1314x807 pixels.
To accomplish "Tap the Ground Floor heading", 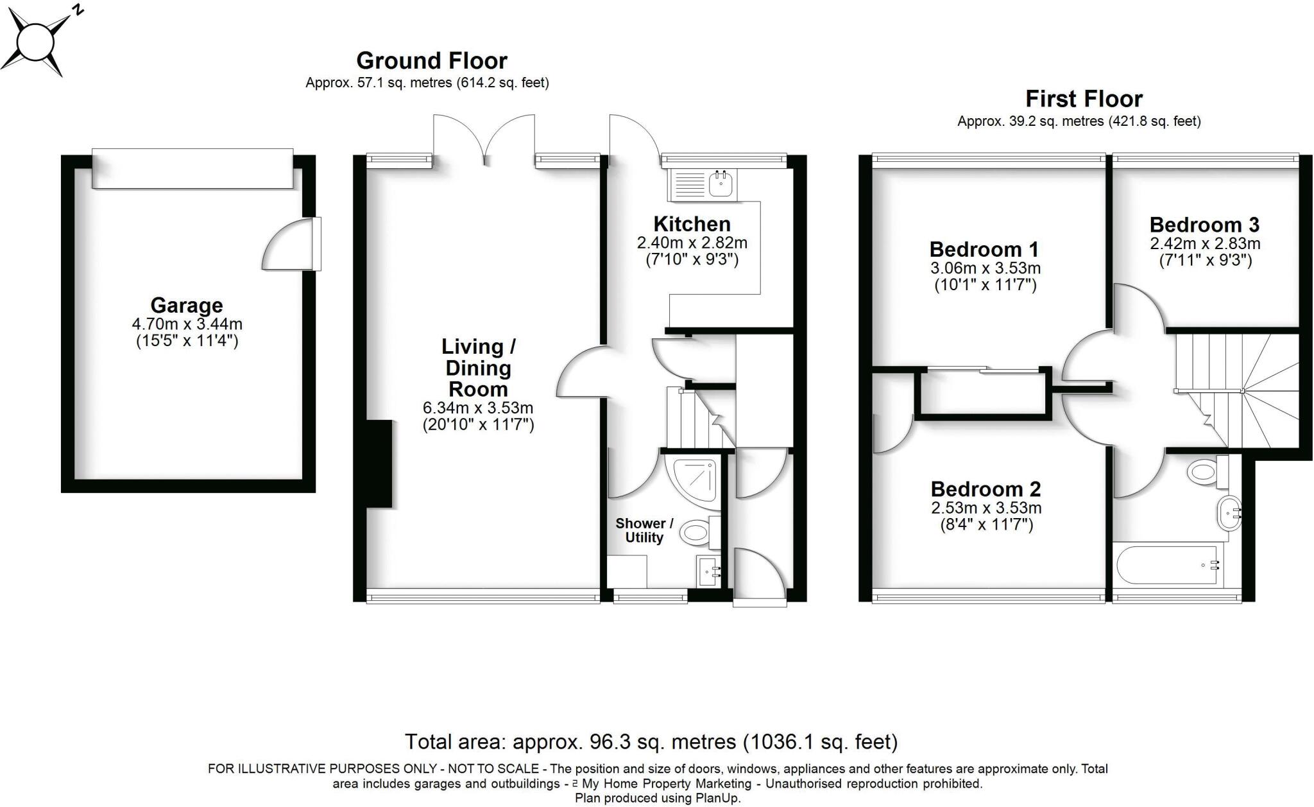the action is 432,61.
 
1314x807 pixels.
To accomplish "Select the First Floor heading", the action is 1084,99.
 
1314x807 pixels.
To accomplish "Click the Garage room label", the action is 187,305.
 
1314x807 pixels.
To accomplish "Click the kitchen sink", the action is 722,184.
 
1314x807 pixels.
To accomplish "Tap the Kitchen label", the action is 692,224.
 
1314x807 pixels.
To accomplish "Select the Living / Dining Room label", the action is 478,368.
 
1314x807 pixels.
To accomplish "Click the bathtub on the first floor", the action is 1166,565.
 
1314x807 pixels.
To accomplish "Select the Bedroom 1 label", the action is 984,249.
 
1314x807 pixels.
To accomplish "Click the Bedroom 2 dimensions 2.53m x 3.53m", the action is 986,508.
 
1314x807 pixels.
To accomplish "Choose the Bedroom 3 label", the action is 1204,225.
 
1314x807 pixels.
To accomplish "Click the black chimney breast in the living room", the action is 379,463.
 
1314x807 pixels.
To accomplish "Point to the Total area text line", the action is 651,742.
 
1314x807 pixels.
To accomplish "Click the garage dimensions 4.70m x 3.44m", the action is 187,325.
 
